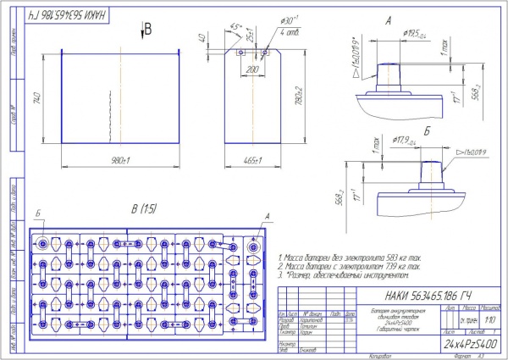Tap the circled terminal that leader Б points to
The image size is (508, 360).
pos(41,244)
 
